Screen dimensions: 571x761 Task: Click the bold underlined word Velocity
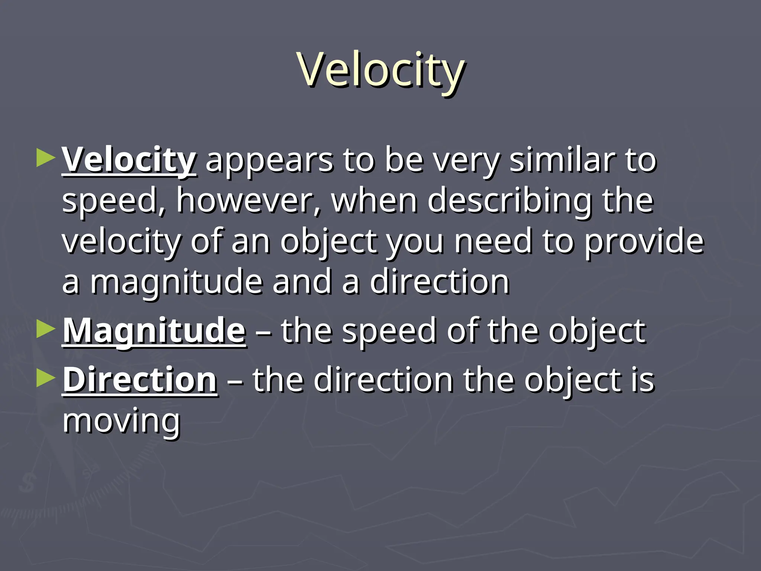[x=129, y=161]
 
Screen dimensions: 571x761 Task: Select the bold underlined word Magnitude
[x=154, y=330]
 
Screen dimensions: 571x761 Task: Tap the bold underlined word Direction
[x=140, y=380]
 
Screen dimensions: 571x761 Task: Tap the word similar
[x=562, y=161]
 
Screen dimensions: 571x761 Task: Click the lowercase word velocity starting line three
[x=122, y=242]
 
